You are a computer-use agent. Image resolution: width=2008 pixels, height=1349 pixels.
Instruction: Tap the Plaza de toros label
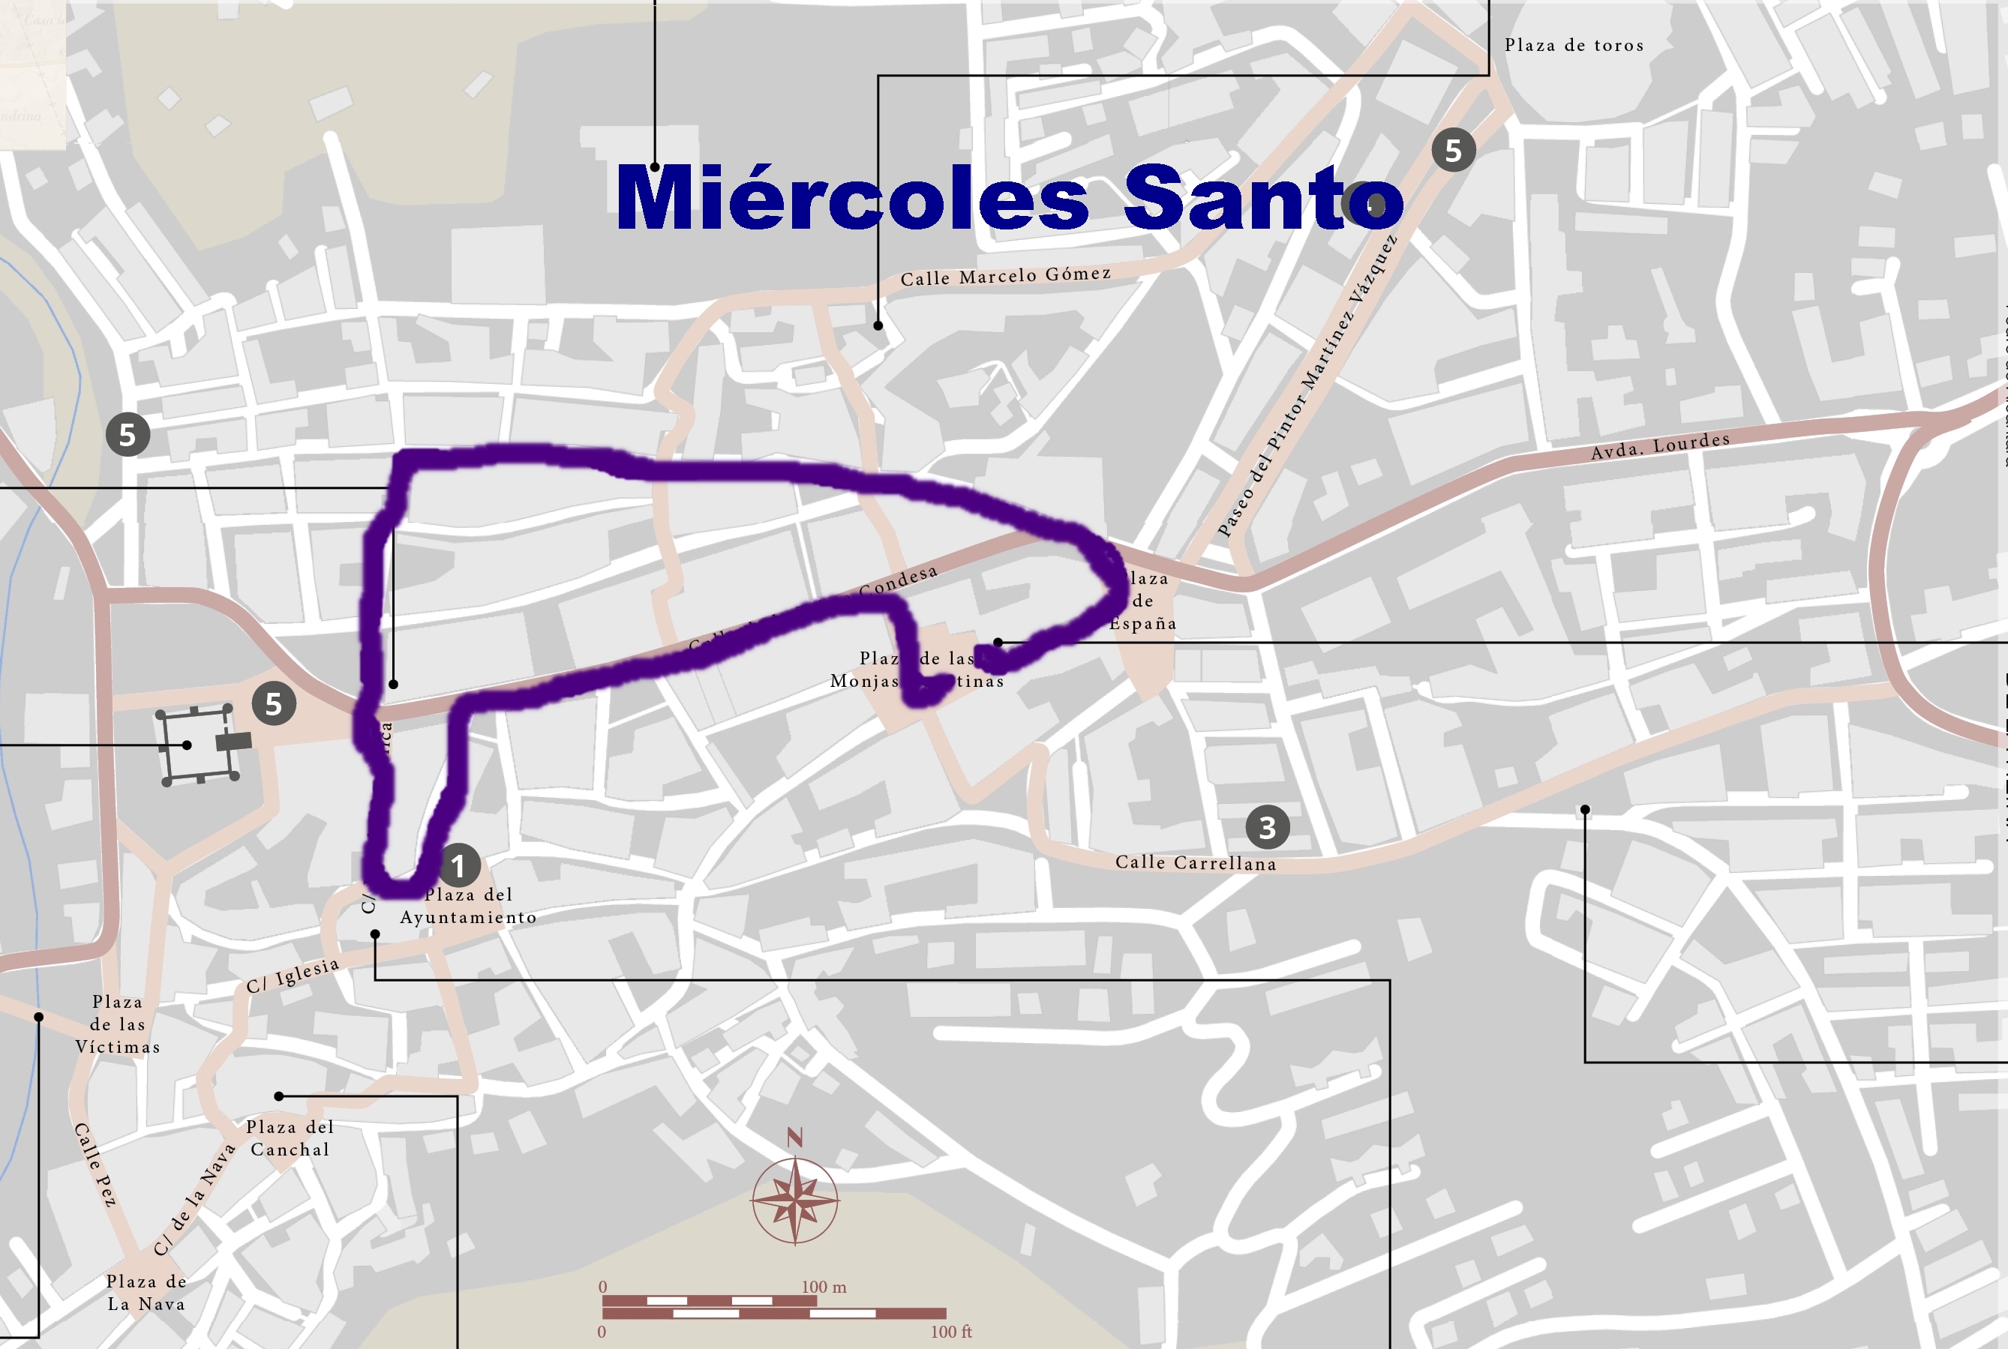[1574, 46]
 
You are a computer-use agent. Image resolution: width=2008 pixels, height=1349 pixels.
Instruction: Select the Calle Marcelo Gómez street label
[1005, 276]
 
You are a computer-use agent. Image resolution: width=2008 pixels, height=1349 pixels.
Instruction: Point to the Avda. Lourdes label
[1659, 445]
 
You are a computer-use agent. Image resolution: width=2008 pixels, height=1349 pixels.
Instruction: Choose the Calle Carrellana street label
[1195, 863]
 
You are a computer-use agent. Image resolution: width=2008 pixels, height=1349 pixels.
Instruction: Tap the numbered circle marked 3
[1267, 827]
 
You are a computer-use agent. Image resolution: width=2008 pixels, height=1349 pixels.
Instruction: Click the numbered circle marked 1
[458, 865]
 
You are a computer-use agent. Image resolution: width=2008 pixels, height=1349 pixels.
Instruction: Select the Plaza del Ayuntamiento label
[468, 906]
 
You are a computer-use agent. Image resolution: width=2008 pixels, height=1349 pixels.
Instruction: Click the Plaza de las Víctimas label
[118, 1024]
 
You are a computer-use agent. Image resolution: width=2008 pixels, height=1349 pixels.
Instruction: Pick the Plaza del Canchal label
[290, 1138]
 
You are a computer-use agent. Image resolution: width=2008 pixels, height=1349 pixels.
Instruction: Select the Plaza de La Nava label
[146, 1292]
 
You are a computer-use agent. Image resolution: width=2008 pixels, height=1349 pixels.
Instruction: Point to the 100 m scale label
[824, 1287]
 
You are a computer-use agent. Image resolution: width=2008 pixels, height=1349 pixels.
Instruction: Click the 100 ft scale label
[950, 1332]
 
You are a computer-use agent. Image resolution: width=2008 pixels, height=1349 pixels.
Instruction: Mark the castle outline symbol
[198, 745]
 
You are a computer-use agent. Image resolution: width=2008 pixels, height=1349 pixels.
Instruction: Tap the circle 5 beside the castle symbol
[274, 704]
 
